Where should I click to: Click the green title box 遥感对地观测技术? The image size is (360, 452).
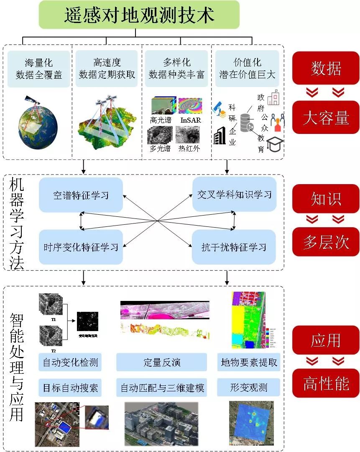click(139, 15)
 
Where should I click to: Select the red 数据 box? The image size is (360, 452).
click(326, 68)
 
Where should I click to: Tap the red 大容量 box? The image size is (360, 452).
click(326, 118)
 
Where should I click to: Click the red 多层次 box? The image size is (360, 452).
click(326, 242)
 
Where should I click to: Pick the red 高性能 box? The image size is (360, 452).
click(326, 383)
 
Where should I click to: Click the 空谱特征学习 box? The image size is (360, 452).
click(81, 195)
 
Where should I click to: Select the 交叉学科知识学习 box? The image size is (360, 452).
click(234, 194)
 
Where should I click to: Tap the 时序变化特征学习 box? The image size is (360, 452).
click(81, 247)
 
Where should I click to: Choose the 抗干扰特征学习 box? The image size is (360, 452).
click(234, 247)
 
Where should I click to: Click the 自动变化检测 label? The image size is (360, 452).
click(70, 362)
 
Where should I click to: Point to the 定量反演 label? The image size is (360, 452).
click(161, 362)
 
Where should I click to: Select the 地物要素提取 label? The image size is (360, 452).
click(249, 362)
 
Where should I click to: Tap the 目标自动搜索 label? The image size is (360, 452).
click(70, 388)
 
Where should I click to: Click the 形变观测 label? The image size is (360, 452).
click(249, 388)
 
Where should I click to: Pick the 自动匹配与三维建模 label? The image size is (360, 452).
click(161, 388)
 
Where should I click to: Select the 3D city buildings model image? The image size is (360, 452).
click(161, 424)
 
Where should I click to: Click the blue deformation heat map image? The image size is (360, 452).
click(251, 423)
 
